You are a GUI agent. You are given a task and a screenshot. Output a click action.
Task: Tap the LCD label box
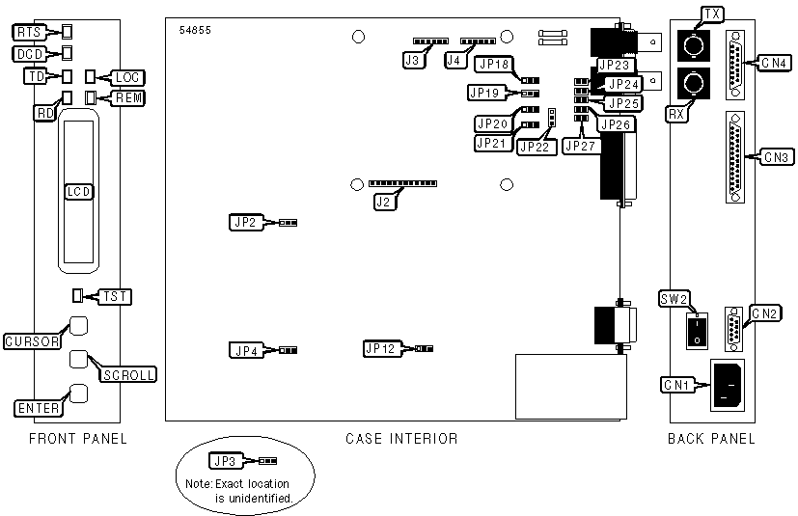tap(78, 191)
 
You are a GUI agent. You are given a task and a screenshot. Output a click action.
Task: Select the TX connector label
tap(712, 14)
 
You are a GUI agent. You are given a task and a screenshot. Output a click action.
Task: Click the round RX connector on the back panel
tap(693, 85)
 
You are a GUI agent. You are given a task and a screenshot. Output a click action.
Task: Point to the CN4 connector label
tap(774, 64)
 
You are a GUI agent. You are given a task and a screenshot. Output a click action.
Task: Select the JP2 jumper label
tap(244, 223)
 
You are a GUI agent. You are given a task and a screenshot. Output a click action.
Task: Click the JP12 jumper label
tap(380, 347)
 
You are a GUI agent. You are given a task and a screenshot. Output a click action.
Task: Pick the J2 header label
tap(384, 203)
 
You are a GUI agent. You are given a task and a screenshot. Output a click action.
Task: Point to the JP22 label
tap(534, 147)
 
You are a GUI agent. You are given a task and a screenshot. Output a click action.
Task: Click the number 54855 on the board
tap(195, 30)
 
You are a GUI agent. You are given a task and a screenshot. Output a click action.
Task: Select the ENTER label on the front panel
tap(38, 409)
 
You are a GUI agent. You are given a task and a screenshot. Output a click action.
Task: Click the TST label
tap(117, 296)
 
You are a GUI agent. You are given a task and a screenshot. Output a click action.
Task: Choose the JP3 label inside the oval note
tap(232, 462)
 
